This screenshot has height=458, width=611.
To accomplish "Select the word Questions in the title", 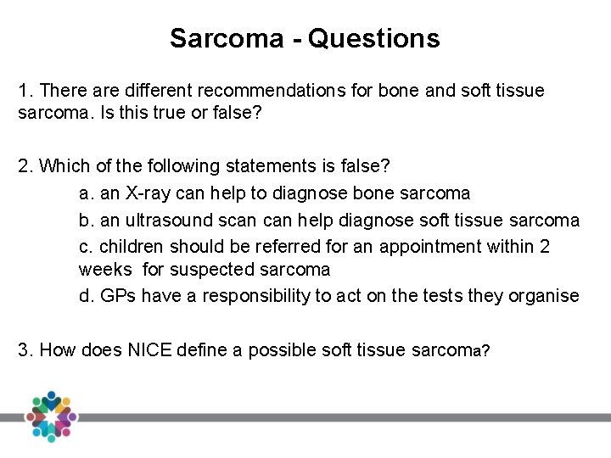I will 374,38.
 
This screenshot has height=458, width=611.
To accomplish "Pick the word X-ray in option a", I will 148,193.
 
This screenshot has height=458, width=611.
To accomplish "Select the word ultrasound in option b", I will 161,221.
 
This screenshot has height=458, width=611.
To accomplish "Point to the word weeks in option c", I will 105,270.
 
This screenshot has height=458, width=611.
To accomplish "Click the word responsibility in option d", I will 249,295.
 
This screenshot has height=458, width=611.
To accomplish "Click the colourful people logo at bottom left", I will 52,416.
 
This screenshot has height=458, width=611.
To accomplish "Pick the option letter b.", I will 86,221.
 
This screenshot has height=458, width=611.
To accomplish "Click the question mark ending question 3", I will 485,350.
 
